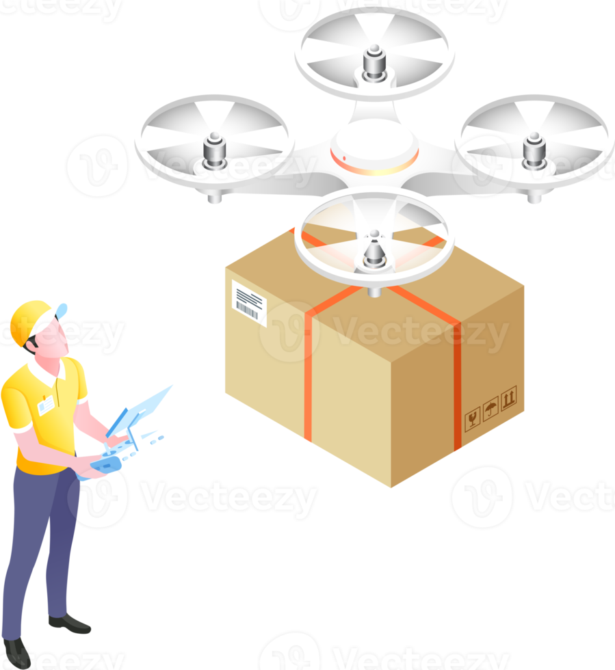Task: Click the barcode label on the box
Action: pos(248,301)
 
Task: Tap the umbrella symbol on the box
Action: pos(490,410)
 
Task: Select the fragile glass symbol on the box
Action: pos(472,419)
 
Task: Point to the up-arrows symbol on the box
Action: pos(508,399)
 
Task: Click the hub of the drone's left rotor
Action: pos(214,150)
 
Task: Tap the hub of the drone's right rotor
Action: pos(534,149)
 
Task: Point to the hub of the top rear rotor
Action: pos(374,64)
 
